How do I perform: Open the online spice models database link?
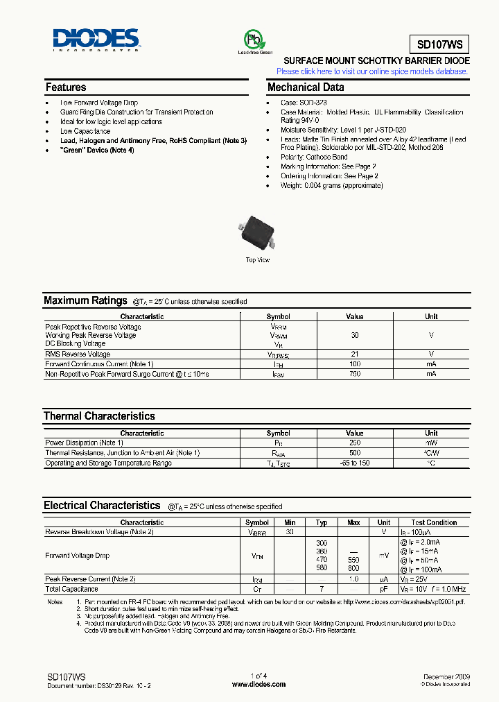pos(372,71)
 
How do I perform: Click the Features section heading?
pos(66,87)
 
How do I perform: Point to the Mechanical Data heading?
pos(306,87)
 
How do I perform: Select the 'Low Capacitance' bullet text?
pos(85,131)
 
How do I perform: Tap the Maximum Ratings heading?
pos(76,301)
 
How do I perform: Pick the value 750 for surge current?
pos(354,374)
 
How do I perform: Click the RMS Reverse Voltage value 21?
pos(354,354)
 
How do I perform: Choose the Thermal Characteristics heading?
pos(99,416)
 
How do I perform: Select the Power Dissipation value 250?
pos(354,443)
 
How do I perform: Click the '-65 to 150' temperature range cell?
pos(354,463)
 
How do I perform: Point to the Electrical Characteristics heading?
pos(102,506)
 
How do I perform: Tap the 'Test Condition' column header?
pos(434,522)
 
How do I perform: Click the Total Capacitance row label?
pos(71,589)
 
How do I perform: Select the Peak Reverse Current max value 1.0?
pos(353,579)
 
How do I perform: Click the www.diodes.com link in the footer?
pos(259,685)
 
